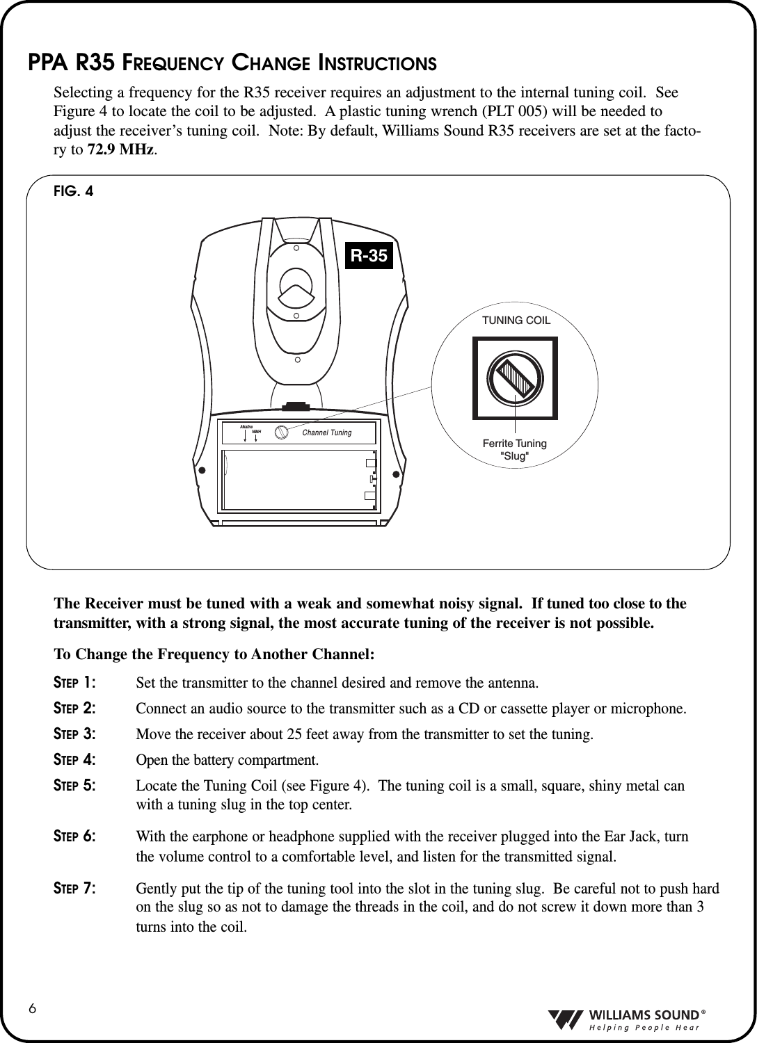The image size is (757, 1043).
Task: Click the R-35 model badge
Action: [x=369, y=256]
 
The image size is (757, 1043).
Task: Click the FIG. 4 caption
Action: [x=73, y=191]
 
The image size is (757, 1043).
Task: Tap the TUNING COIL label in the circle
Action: [x=516, y=321]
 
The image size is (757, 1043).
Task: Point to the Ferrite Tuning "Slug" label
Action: [x=515, y=449]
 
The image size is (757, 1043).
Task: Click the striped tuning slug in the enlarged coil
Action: [x=515, y=378]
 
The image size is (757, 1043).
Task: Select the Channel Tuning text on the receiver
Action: [x=327, y=433]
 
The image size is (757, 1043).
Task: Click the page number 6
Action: [x=33, y=1008]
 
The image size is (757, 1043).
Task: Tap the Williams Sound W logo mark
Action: [x=564, y=1018]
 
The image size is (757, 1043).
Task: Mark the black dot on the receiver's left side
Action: [x=203, y=470]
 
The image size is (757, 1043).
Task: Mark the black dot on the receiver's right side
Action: [x=396, y=475]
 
